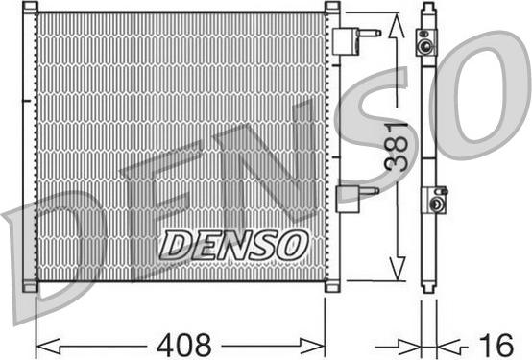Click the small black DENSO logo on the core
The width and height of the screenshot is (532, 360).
(232, 245)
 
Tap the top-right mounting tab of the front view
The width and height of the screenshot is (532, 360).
(332, 9)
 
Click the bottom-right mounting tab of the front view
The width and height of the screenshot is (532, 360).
(332, 286)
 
